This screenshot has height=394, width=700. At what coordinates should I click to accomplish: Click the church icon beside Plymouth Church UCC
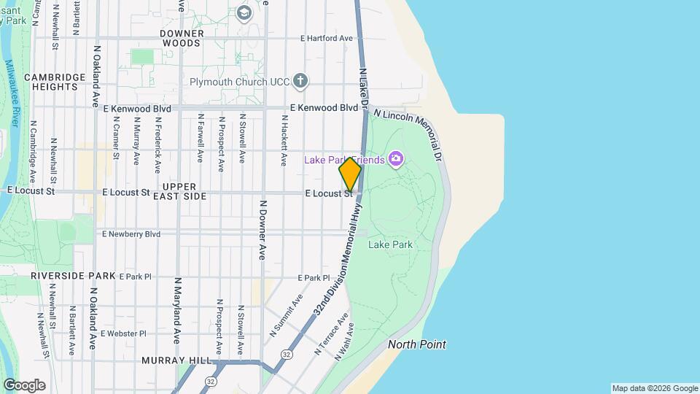[300, 81]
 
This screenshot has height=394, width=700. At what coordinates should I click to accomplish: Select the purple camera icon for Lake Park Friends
[396, 158]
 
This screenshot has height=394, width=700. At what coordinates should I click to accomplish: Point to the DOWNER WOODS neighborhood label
[180, 38]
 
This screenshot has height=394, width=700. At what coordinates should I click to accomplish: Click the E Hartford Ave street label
[327, 38]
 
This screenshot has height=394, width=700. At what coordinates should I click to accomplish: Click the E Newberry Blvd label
[131, 234]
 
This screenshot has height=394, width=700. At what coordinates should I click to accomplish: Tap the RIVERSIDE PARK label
[73, 277]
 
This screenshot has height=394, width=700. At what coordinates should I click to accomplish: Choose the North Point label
[417, 344]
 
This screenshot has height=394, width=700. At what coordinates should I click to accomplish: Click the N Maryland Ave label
[177, 310]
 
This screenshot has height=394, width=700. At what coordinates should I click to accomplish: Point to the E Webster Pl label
[124, 333]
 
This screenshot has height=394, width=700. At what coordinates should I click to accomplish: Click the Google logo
[24, 385]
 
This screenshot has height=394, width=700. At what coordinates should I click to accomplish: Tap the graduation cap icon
[244, 12]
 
